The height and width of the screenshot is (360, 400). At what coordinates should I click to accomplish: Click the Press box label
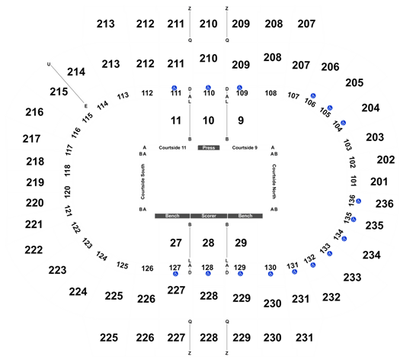click(209, 147)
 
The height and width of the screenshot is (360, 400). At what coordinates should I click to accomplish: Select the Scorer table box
click(209, 216)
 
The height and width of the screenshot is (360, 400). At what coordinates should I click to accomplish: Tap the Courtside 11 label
click(172, 147)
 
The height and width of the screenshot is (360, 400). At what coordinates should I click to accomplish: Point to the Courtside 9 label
click(245, 147)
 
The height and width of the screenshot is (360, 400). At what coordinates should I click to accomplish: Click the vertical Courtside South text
click(143, 182)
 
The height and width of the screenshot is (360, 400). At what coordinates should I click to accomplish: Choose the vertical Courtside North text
click(274, 182)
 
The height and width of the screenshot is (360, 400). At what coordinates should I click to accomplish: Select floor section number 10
click(209, 121)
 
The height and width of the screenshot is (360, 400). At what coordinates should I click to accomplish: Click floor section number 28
click(209, 243)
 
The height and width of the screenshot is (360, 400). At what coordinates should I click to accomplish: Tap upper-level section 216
click(34, 112)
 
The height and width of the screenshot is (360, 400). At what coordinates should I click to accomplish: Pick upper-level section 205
click(354, 82)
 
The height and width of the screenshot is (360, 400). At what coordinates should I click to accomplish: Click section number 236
click(385, 204)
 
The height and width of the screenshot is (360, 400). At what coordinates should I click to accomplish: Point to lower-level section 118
click(67, 170)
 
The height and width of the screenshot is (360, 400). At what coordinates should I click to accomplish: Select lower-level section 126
click(148, 268)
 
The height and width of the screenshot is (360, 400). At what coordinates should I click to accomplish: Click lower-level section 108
click(270, 93)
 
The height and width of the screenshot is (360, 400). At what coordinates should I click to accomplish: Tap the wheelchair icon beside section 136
click(358, 201)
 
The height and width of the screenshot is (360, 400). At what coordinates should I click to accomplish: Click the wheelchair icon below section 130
click(270, 274)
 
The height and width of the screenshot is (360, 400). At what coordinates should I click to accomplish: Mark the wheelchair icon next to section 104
click(343, 123)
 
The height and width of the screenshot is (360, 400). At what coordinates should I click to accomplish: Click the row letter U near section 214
click(49, 64)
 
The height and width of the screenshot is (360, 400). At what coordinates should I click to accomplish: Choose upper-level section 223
click(57, 270)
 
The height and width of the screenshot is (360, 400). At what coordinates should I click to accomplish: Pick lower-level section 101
click(353, 181)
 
